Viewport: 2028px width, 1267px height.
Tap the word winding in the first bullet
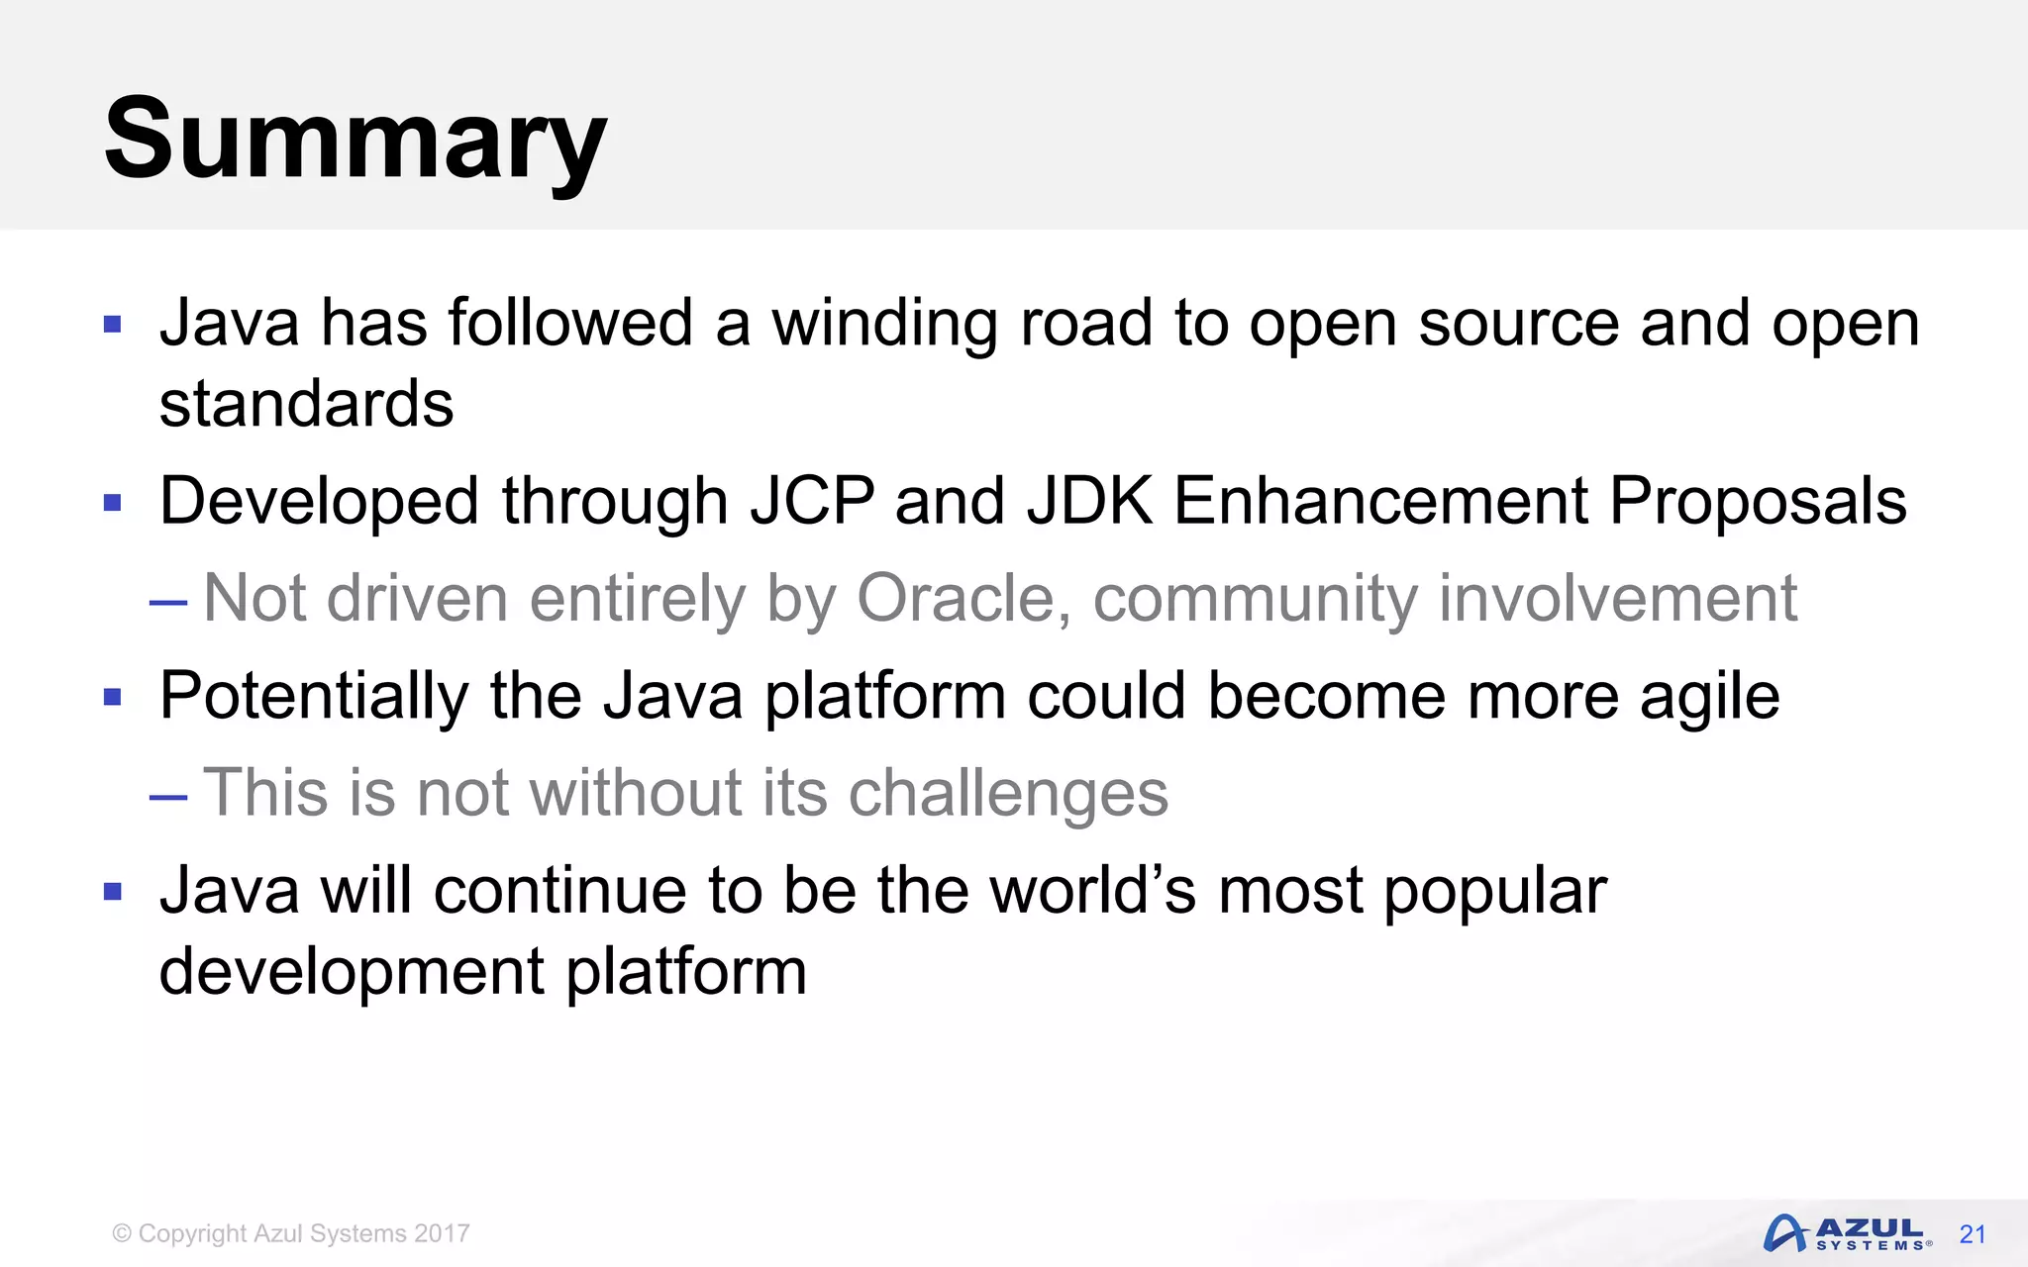pos(884,325)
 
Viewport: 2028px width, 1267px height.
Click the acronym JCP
pos(812,501)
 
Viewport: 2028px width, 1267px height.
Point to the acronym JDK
pos(1090,501)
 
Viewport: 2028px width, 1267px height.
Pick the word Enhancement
pos(1380,501)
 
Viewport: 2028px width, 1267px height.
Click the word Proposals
pos(1758,501)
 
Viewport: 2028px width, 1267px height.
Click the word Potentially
pos(313,697)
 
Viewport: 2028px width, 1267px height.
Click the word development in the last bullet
pos(352,972)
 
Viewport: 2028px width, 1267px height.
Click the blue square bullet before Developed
pos(113,503)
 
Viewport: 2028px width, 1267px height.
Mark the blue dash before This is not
pos(168,797)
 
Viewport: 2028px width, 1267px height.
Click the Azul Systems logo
pos(1847,1233)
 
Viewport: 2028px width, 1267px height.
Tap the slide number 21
pos(1973,1234)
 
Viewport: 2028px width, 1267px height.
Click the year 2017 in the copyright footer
pos(442,1233)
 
